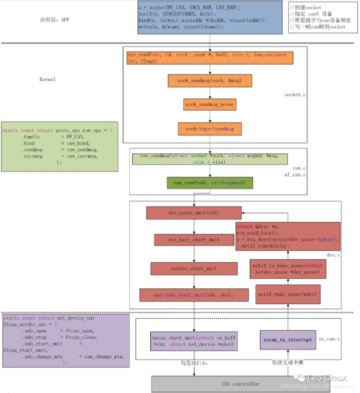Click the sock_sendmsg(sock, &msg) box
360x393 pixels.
[209, 80]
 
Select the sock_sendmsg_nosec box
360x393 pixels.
[210, 104]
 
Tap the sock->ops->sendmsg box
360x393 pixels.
[210, 129]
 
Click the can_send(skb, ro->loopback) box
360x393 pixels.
[210, 182]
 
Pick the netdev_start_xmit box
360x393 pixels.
[194, 268]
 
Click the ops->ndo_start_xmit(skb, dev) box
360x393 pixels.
[194, 295]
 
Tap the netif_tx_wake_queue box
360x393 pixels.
[288, 269]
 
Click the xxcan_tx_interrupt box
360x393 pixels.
[288, 339]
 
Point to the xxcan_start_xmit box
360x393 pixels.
[194, 341]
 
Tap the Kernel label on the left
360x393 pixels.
[47, 79]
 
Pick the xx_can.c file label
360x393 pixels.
[329, 339]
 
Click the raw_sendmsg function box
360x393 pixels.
[210, 159]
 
